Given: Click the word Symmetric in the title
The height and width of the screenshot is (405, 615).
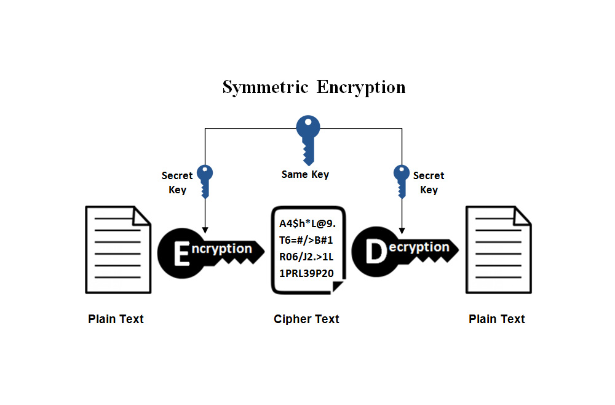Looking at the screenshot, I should point(265,87).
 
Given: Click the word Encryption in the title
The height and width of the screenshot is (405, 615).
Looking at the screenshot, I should point(361,87).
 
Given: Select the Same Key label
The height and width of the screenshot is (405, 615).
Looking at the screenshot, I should point(305,175).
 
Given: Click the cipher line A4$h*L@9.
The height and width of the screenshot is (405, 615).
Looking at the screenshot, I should point(307,223).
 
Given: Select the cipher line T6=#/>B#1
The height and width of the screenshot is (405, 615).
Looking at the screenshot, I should point(306,240).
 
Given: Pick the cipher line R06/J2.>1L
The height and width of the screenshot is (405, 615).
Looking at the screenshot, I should point(306,257).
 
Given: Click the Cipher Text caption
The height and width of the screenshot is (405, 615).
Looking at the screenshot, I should point(306,319).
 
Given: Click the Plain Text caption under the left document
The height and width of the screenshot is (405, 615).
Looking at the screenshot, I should point(116,319).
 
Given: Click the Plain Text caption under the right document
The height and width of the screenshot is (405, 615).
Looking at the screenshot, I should point(497,319).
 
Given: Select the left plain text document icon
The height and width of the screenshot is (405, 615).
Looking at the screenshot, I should point(117,249).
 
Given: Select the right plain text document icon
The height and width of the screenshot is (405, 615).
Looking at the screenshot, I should point(498,249).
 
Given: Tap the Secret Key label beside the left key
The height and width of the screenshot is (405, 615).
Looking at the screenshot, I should point(177,183).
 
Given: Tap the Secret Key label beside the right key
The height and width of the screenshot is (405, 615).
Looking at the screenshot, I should point(429,183).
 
